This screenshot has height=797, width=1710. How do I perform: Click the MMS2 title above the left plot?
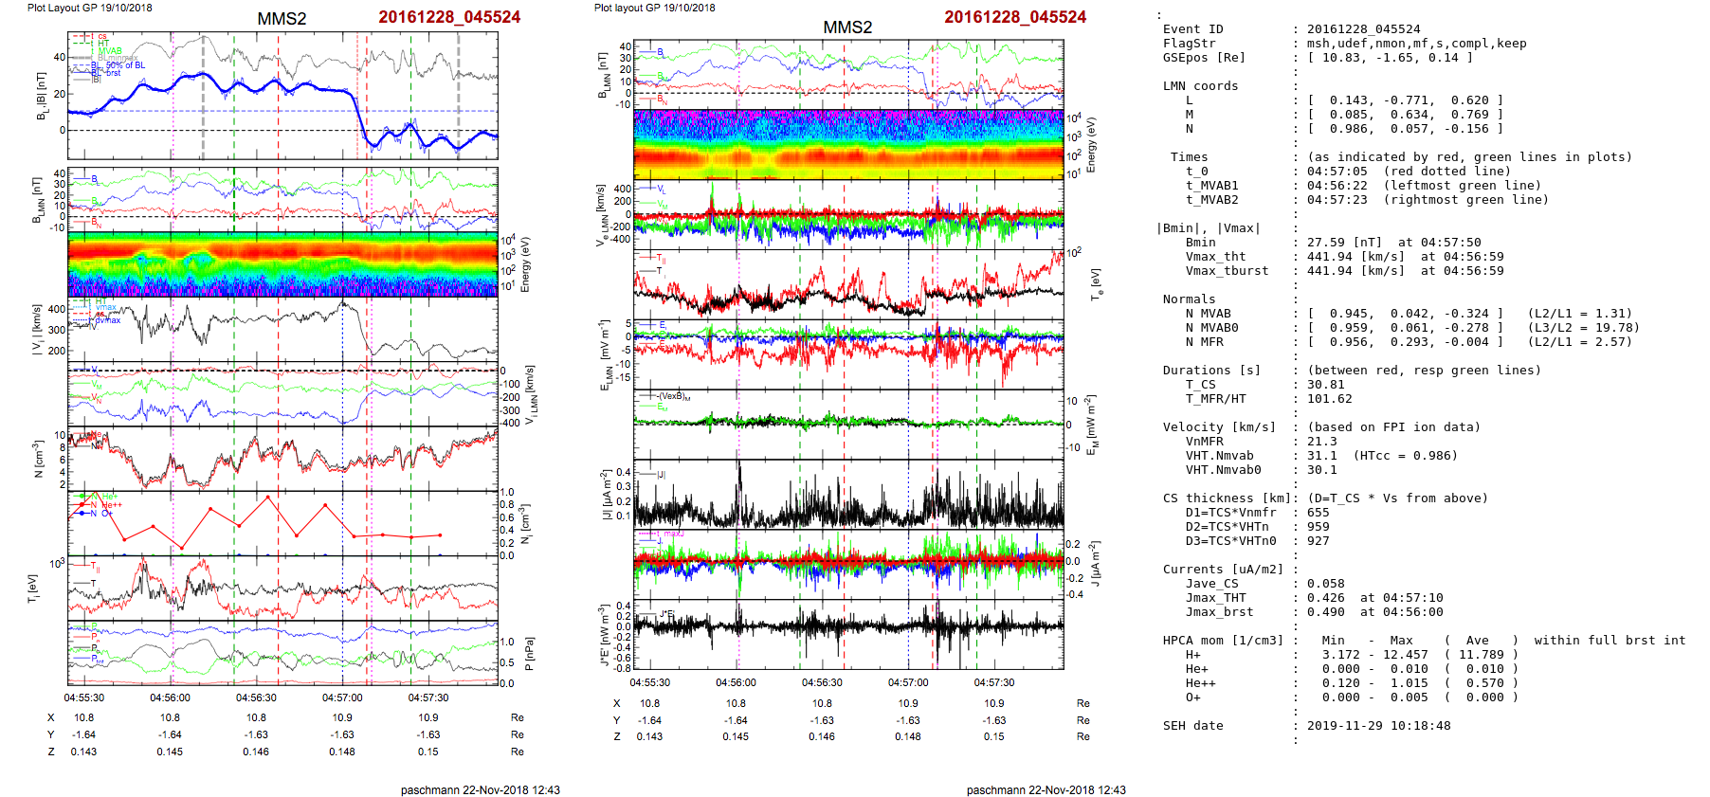[282, 19]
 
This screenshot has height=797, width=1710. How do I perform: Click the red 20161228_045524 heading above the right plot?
[1015, 17]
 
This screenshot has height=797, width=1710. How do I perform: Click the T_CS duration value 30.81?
[1325, 385]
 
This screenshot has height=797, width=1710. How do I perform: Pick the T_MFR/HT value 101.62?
[1329, 399]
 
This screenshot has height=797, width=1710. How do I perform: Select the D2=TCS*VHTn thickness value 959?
[1318, 527]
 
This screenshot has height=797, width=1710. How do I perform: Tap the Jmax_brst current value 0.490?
[1325, 612]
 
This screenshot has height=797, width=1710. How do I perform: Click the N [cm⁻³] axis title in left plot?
[39, 459]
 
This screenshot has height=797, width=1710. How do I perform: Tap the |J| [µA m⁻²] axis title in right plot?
[604, 494]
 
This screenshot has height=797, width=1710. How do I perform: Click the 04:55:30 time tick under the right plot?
[649, 682]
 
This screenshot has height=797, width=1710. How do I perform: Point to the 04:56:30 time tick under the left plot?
[256, 698]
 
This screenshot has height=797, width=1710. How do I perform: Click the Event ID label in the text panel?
[1192, 29]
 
